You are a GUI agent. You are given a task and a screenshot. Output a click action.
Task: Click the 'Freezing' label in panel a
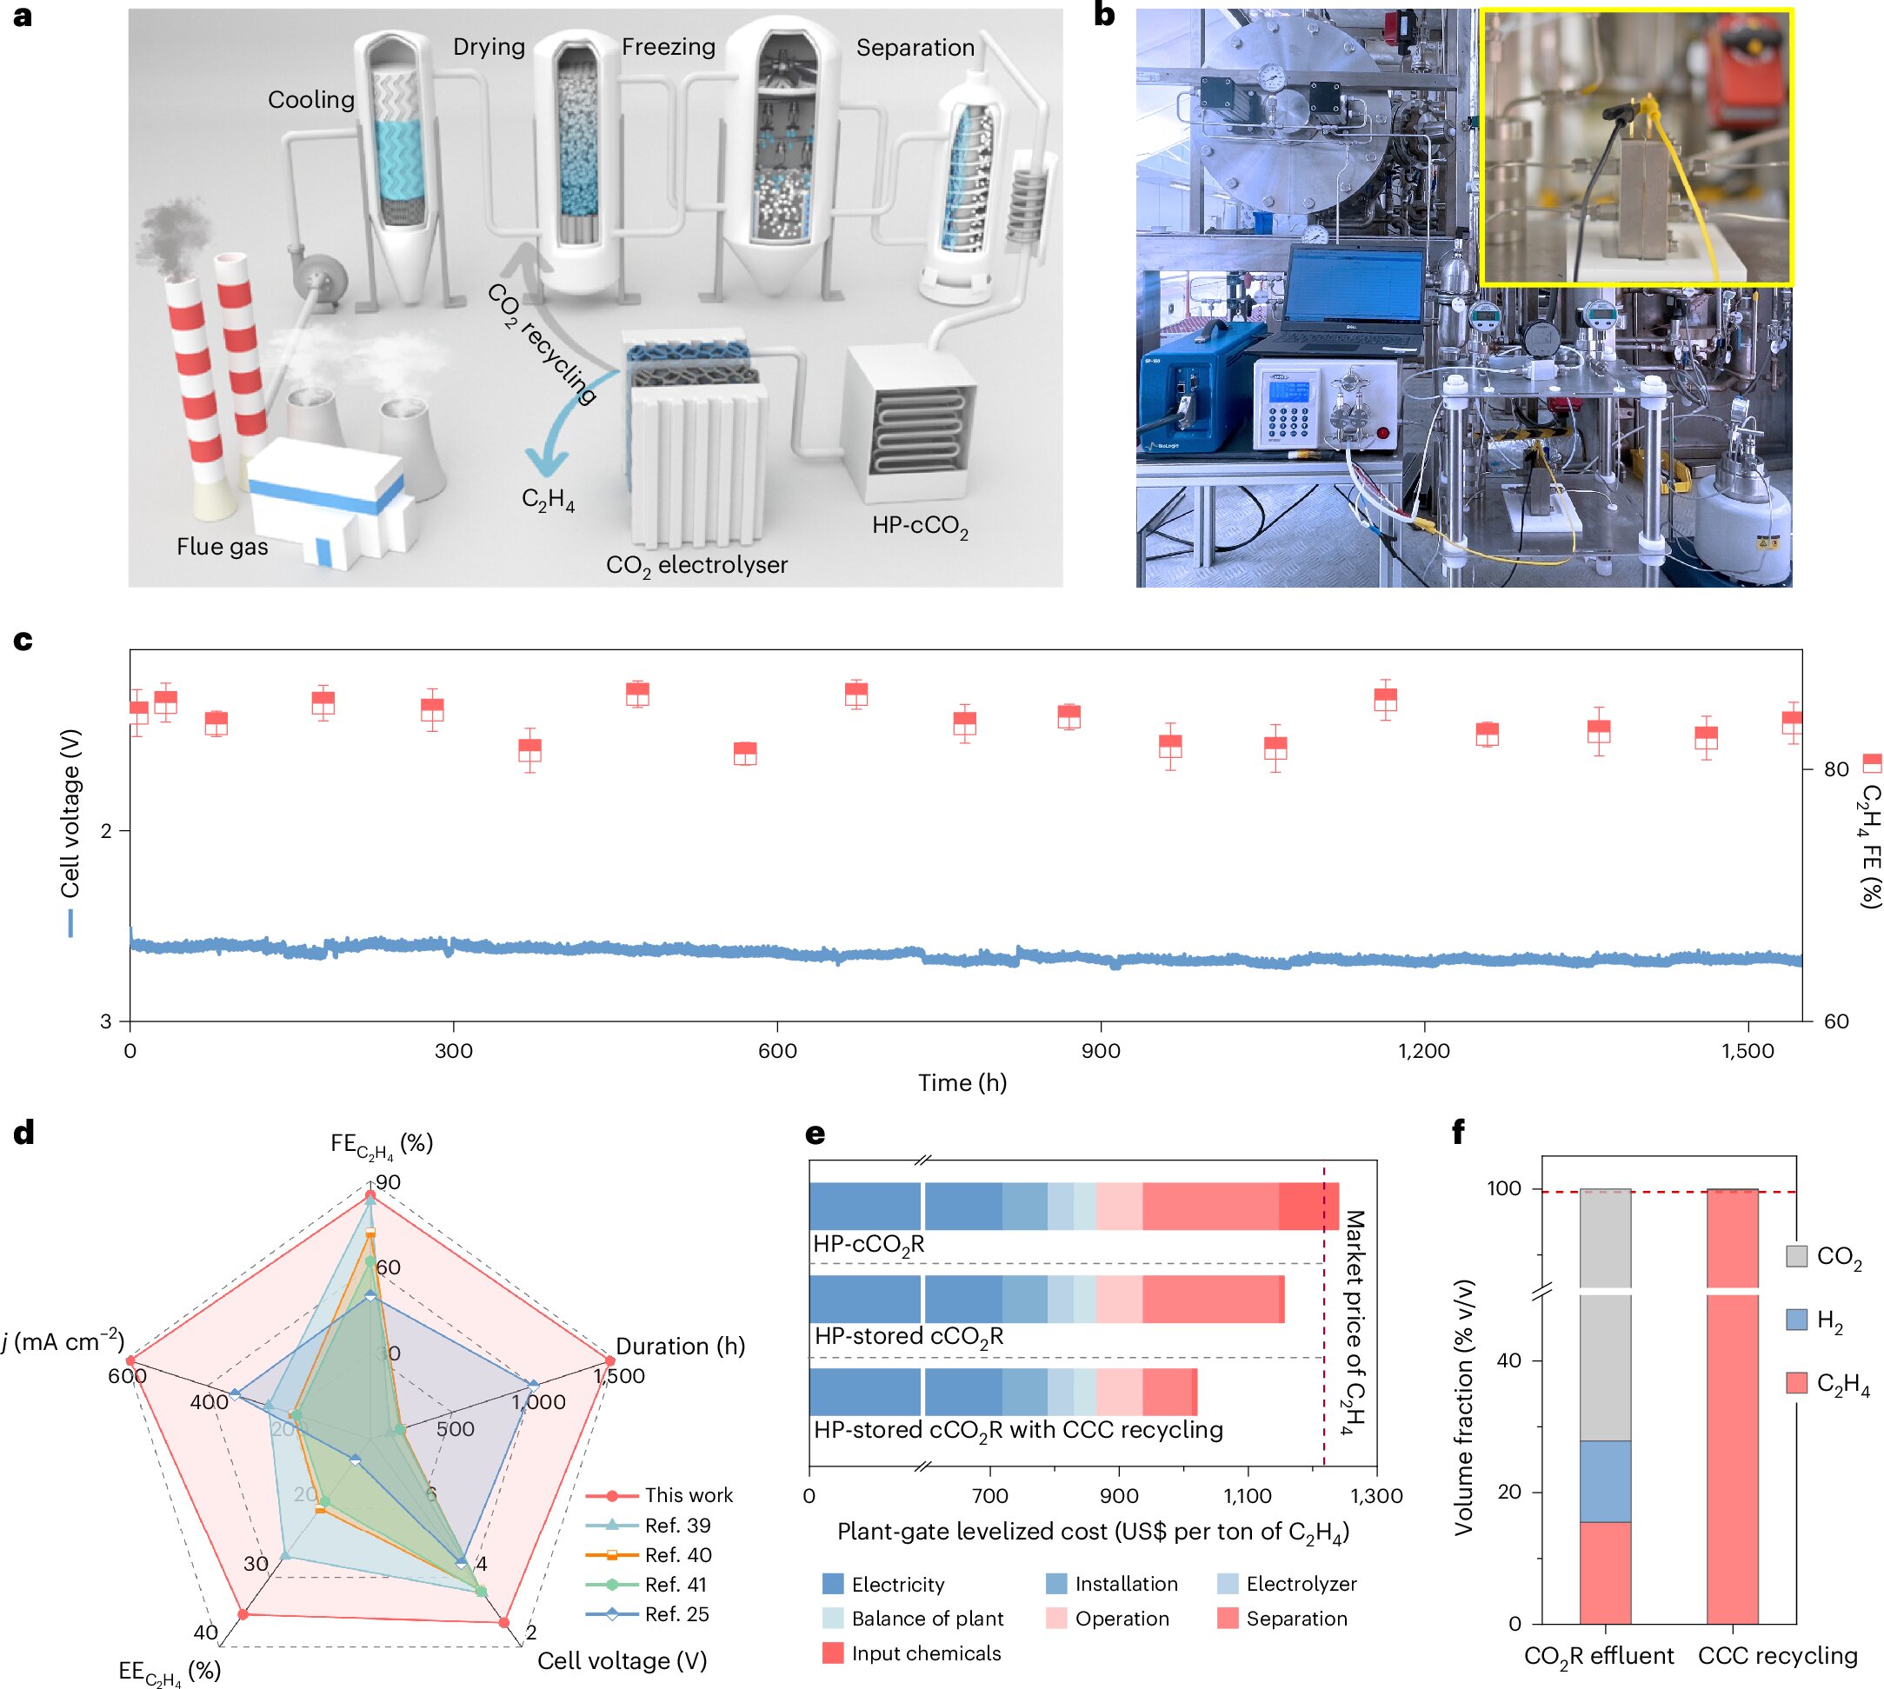pos(669,46)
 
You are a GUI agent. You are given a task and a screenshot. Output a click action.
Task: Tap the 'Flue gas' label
pos(222,547)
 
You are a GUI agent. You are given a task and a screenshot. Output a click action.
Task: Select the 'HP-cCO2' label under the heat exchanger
pos(919,526)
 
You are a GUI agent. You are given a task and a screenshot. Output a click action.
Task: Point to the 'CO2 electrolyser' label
pos(696,565)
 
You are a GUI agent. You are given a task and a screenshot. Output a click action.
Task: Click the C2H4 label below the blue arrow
pos(548,500)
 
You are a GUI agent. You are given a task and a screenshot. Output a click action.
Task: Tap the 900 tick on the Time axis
pos(1101,1051)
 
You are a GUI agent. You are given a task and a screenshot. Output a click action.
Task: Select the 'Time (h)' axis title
pos(962,1082)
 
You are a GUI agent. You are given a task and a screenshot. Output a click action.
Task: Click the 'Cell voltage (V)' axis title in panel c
pos(70,813)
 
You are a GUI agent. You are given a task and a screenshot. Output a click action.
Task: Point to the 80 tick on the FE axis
pos(1835,769)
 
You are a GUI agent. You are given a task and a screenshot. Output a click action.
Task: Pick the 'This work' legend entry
pos(688,1495)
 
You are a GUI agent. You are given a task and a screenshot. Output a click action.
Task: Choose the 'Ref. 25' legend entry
pos(676,1614)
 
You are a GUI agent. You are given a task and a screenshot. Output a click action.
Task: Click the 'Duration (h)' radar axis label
pos(680,1346)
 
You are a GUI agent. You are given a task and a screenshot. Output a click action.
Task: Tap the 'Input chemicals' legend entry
pos(925,1652)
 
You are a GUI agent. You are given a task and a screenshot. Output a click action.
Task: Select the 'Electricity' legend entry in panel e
pos(897,1584)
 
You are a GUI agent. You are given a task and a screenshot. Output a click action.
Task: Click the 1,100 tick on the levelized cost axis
pos(1248,1496)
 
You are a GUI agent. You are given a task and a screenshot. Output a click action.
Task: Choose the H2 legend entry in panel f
pos(1828,1320)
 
